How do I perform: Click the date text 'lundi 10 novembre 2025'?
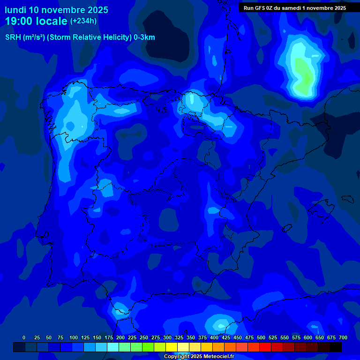56,10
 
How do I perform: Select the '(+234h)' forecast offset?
83,21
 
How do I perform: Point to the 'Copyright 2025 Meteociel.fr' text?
199,357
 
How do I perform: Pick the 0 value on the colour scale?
24,337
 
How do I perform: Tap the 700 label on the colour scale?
343,337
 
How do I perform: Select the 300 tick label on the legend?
167,337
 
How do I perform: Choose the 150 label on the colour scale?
97,337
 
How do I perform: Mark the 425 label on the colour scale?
226,337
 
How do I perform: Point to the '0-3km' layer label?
144,37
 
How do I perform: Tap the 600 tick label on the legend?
308,337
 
